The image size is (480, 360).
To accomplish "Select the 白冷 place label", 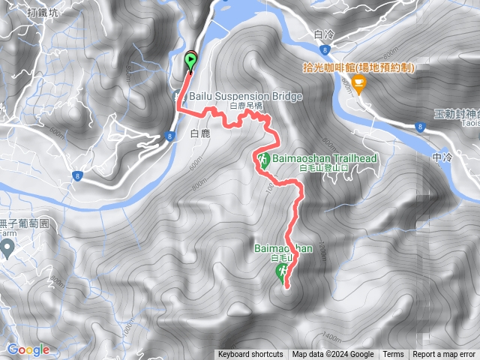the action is pos(324,34).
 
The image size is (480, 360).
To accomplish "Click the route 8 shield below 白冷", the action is pos(323,49).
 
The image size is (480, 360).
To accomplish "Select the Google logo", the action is pos(28,349).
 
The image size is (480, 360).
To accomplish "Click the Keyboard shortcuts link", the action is pos(250,355).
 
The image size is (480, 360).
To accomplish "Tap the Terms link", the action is pos(393,355).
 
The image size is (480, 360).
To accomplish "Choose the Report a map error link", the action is pos(444,355).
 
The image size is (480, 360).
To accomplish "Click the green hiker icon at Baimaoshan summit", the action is pos(283,274).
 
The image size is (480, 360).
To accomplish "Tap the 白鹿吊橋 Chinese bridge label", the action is pos(247,107).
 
